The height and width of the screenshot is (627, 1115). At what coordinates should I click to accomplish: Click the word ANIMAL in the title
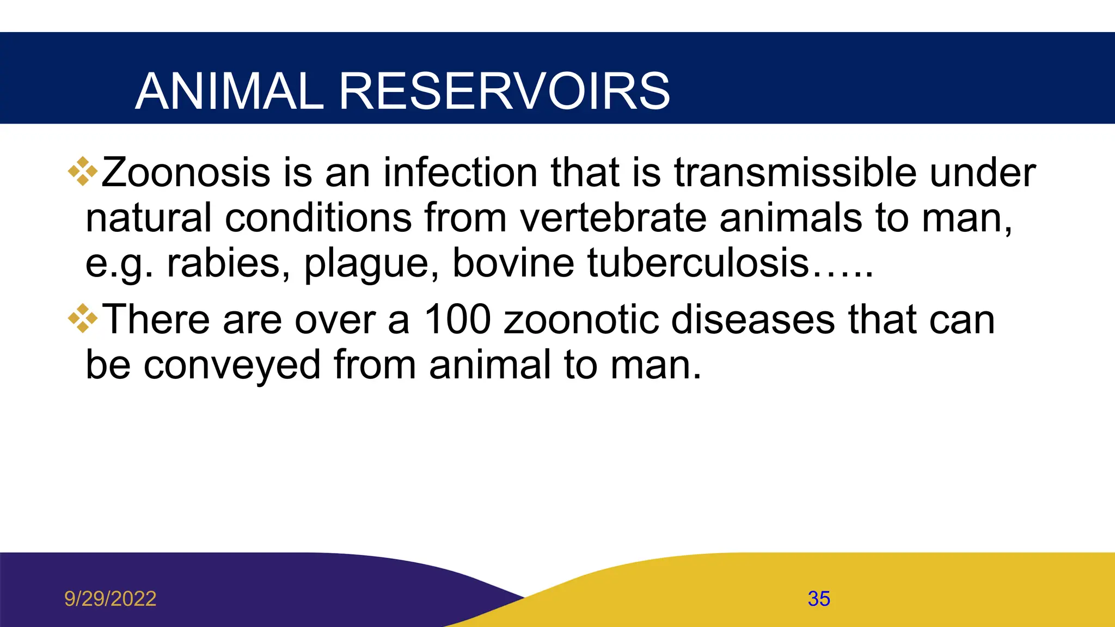pyautogui.click(x=229, y=91)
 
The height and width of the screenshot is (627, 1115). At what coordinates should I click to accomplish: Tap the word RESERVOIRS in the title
pyautogui.click(x=504, y=91)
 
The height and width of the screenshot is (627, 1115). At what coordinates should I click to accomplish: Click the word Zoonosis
pyautogui.click(x=186, y=173)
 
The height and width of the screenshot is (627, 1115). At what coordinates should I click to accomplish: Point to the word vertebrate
pyautogui.click(x=613, y=218)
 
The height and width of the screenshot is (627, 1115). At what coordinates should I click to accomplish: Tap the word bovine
pyautogui.click(x=513, y=263)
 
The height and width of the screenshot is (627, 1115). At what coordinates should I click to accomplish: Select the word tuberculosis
pyautogui.click(x=699, y=263)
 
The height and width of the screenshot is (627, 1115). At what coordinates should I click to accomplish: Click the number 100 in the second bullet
pyautogui.click(x=457, y=319)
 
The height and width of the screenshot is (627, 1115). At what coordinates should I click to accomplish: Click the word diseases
pyautogui.click(x=753, y=319)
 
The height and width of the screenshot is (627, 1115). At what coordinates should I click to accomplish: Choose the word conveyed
pyautogui.click(x=232, y=366)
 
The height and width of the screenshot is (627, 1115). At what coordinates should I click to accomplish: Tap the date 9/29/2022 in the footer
pyautogui.click(x=110, y=599)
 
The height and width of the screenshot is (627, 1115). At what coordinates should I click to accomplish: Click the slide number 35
pyautogui.click(x=819, y=599)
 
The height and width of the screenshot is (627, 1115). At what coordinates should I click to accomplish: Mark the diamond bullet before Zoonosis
pyautogui.click(x=83, y=171)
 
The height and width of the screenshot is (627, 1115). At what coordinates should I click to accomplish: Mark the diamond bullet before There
pyautogui.click(x=83, y=318)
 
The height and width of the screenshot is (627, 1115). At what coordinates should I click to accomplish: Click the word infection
pyautogui.click(x=460, y=173)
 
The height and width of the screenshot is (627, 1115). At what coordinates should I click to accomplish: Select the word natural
pyautogui.click(x=148, y=218)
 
